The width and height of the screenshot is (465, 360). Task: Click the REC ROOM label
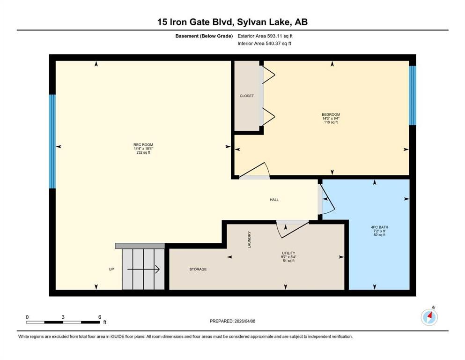pos(143,144)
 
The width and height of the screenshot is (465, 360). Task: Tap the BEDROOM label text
pos(331,114)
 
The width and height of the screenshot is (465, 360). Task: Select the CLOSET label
pos(247,96)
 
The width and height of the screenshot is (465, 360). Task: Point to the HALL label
pos(274,200)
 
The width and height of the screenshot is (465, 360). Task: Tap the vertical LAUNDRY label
pos(250,240)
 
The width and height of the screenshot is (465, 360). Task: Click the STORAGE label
pos(198,269)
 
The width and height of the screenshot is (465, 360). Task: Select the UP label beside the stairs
pos(111,269)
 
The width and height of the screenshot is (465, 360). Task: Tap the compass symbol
pos(429,317)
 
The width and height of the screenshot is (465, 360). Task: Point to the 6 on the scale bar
pos(99,317)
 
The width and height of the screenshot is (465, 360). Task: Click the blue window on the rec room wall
pos(52,142)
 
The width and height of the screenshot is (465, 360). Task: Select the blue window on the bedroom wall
pos(413,95)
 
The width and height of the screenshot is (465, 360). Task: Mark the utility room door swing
pos(291,228)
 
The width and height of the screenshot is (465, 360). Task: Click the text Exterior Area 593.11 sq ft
pos(266,36)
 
